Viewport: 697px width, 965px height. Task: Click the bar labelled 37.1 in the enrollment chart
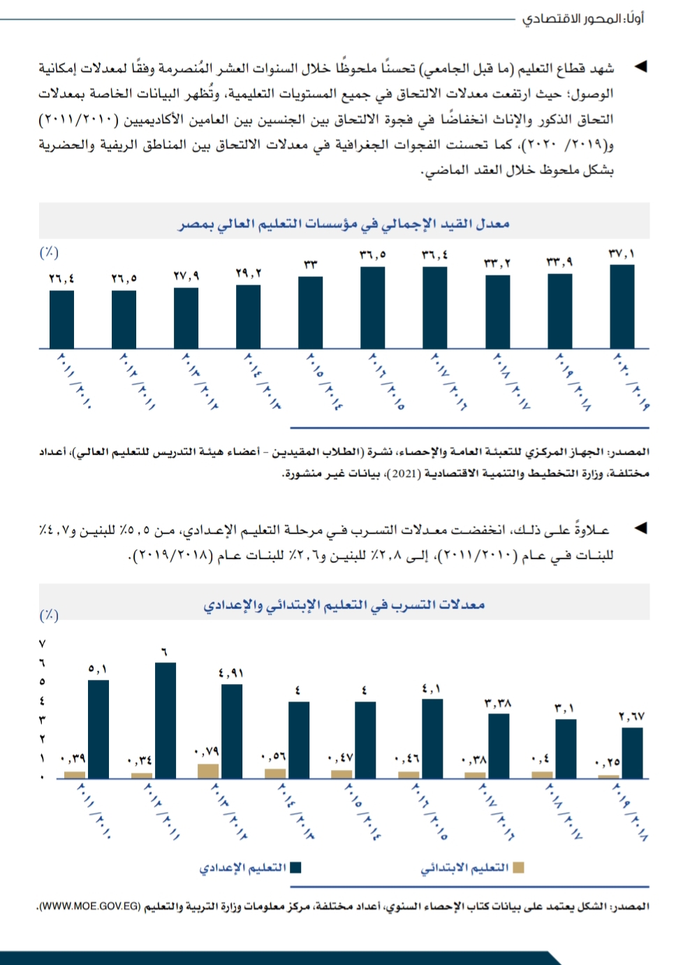pyautogui.click(x=622, y=306)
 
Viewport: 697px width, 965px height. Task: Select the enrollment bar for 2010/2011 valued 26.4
pyautogui.click(x=61, y=319)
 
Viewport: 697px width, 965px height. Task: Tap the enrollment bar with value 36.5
pyautogui.click(x=373, y=307)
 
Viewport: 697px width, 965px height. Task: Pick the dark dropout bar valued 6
pyautogui.click(x=166, y=720)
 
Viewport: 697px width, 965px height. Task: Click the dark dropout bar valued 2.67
pyautogui.click(x=632, y=753)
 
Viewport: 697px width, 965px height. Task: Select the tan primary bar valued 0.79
pyautogui.click(x=208, y=771)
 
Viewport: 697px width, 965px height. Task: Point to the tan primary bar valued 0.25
pyautogui.click(x=608, y=776)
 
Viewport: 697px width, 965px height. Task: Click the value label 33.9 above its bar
pyautogui.click(x=559, y=261)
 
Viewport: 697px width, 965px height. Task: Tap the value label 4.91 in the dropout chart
pyautogui.click(x=231, y=673)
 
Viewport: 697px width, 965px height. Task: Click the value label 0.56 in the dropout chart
pyautogui.click(x=273, y=757)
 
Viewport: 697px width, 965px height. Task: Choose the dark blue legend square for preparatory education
pyautogui.click(x=295, y=867)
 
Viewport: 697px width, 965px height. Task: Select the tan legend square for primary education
pyautogui.click(x=518, y=867)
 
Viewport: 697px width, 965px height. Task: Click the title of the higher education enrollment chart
pyautogui.click(x=344, y=224)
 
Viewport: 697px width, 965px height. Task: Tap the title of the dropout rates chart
pyautogui.click(x=344, y=604)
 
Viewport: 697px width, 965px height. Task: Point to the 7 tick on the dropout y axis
pyautogui.click(x=42, y=643)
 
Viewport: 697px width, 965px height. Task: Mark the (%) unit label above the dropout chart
pyautogui.click(x=49, y=615)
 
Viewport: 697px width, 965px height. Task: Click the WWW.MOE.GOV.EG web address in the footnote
pyautogui.click(x=90, y=906)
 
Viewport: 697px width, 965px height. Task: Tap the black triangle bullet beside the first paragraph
pyautogui.click(x=640, y=67)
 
